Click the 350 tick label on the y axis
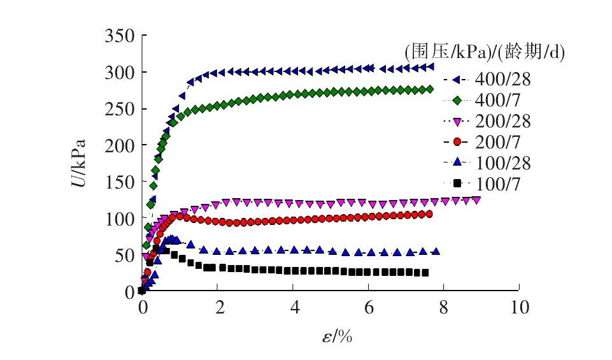(119, 36)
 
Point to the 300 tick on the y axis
(119, 72)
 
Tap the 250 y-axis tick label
(119, 109)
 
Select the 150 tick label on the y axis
(119, 182)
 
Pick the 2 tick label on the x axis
(218, 306)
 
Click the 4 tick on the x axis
(293, 306)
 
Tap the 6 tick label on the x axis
(369, 306)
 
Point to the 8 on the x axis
(444, 306)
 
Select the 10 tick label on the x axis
(519, 306)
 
